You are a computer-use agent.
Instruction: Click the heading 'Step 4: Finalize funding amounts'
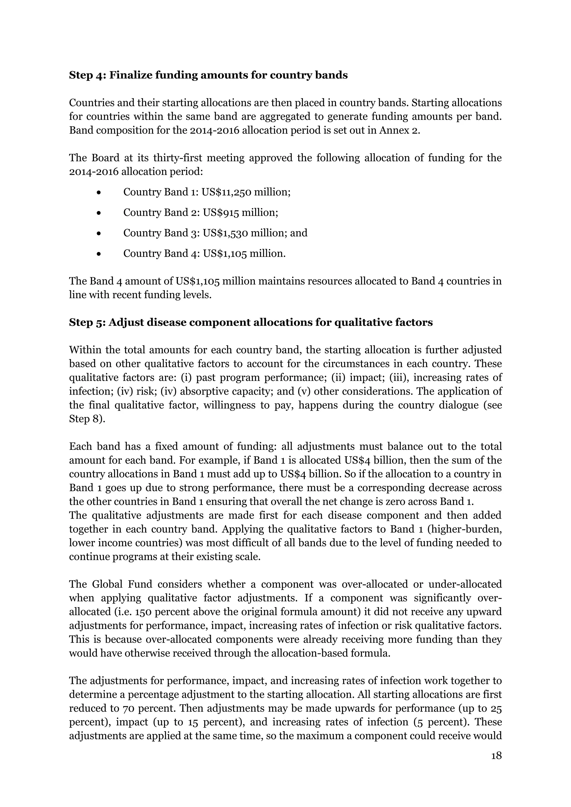pos(208,75)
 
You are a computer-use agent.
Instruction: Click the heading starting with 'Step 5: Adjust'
pos(251,322)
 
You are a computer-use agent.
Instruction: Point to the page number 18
pos(496,756)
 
